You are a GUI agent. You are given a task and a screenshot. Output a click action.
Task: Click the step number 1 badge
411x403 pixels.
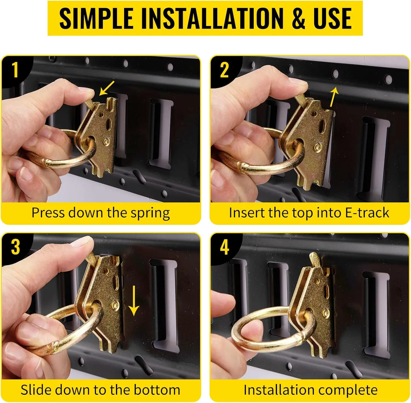coord(15,70)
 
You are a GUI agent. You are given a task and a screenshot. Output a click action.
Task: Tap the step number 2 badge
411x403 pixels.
coord(224,70)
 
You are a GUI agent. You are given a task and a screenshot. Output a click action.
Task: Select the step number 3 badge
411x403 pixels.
coord(15,247)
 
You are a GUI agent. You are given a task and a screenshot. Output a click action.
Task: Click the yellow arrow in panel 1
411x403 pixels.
coord(107,88)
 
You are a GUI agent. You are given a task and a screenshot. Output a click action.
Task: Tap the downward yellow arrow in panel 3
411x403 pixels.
coord(134,300)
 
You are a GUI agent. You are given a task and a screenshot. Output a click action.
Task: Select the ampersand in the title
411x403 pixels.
coord(298,18)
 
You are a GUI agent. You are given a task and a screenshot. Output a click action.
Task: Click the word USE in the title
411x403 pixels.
coord(333,18)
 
